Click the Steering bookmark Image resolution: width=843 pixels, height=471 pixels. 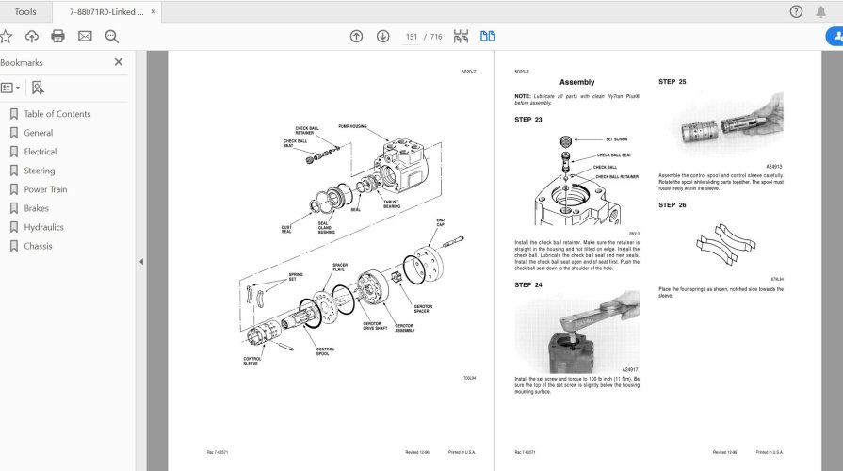point(39,171)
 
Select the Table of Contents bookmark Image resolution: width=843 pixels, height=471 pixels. point(57,114)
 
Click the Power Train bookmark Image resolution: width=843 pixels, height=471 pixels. point(45,189)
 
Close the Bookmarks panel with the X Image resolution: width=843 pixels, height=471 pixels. point(119,62)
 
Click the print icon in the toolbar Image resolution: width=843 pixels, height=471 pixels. point(58,36)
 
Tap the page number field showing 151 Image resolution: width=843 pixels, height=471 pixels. point(412,37)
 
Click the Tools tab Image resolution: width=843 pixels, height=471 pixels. point(25,11)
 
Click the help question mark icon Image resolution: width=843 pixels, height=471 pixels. point(796,11)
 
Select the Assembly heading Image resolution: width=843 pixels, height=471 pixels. point(576,83)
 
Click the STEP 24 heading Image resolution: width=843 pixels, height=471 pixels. point(527,285)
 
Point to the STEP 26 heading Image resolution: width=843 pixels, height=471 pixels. point(672,204)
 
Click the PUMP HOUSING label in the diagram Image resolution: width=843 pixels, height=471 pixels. point(351,125)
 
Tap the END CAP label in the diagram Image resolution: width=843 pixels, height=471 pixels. point(440,222)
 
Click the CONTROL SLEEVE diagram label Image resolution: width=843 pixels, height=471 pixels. point(252,360)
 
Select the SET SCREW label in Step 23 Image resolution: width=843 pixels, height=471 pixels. point(616,138)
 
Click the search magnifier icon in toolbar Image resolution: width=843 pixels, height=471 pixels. point(111,36)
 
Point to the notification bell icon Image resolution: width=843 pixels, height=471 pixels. point(827,11)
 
